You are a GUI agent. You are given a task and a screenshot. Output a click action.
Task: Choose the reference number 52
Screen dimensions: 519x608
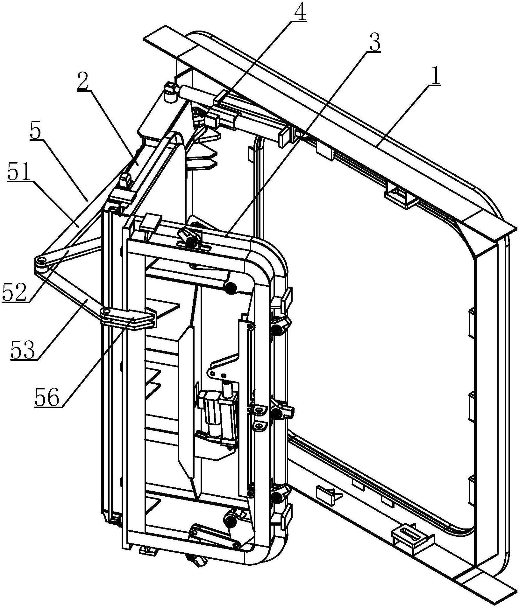(14, 292)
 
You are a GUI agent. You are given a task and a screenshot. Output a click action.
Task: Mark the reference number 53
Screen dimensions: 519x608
(22, 350)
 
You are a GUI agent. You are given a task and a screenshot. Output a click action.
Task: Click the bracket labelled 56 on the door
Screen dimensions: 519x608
(129, 318)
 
